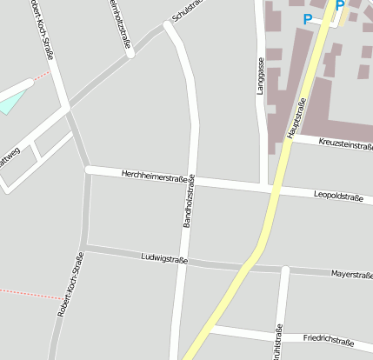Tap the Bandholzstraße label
189,202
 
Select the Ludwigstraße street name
164,258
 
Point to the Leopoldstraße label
338,197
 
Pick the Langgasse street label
260,77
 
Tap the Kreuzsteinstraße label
345,145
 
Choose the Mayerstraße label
351,275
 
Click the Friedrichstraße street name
329,340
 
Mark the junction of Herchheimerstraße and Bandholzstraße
193,179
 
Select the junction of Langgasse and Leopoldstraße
264,187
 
